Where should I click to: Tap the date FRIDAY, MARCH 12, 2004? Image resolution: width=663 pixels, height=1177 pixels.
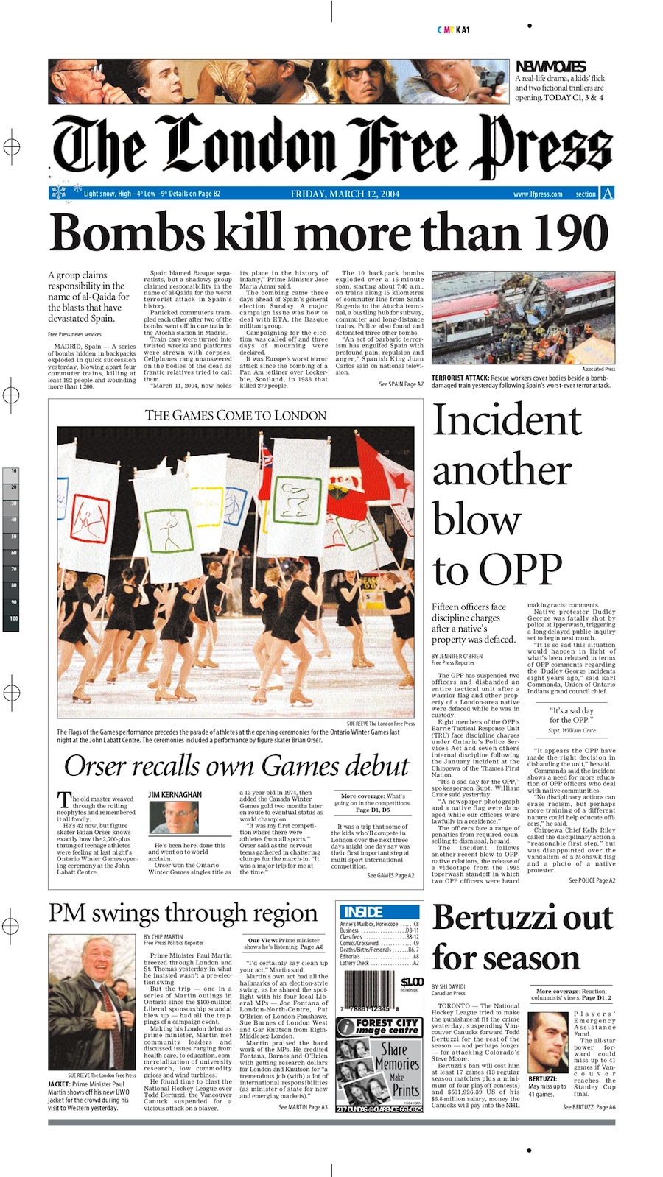click(345, 194)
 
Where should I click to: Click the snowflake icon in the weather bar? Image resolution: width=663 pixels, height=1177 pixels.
click(58, 194)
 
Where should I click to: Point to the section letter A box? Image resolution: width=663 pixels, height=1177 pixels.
click(607, 194)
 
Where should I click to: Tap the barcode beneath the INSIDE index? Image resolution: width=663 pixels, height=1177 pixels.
click(368, 989)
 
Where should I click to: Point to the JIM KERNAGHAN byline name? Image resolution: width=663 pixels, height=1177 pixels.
click(175, 795)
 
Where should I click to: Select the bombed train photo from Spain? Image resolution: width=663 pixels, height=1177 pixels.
click(523, 318)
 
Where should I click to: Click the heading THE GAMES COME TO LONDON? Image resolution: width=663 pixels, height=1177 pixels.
click(236, 415)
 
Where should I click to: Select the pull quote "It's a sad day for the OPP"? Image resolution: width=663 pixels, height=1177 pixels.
click(572, 715)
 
